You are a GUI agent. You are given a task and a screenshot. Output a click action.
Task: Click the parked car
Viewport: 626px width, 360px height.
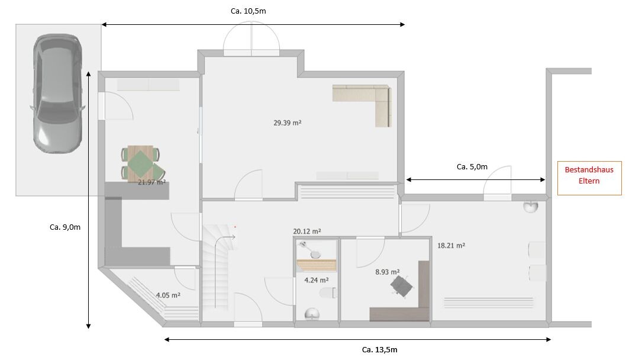point(57,93)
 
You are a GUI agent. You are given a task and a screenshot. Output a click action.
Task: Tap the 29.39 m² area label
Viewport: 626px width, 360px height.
point(288,123)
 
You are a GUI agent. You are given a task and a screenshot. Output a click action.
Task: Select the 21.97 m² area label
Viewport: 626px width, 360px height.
point(151,182)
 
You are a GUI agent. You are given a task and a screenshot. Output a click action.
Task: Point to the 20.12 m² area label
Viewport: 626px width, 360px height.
point(307,232)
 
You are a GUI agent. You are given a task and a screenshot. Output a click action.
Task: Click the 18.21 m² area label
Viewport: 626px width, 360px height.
point(451,246)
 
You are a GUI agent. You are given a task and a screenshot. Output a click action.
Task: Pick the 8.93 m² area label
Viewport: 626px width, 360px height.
point(388,272)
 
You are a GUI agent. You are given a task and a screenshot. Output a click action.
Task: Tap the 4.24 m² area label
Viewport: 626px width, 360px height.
point(317,281)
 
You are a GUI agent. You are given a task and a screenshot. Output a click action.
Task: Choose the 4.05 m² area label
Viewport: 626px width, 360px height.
point(168,295)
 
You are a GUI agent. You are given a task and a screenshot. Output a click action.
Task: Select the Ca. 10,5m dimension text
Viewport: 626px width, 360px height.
point(249,11)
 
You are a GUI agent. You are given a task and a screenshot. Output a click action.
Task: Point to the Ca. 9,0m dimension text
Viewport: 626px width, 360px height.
point(65,227)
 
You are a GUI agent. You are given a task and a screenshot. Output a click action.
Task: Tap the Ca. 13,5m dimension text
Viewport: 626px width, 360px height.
point(380,350)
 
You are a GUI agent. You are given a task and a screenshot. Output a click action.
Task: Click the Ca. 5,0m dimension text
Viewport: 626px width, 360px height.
point(472,167)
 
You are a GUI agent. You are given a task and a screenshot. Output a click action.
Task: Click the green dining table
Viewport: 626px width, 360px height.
point(143,163)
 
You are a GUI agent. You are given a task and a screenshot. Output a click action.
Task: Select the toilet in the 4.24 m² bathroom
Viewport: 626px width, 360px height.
point(328,293)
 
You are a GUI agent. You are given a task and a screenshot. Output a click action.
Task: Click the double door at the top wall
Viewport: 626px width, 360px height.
point(251,39)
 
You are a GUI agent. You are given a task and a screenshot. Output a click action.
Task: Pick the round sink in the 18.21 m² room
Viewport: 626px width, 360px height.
point(531,207)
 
